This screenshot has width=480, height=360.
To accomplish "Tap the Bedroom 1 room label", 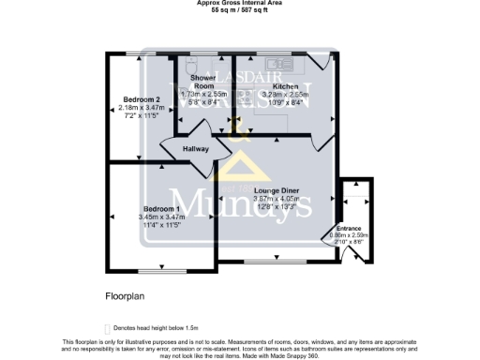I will pos(161,208).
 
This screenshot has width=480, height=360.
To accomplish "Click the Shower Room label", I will pos(202,82).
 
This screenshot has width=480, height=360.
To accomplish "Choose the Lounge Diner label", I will pos(270,190).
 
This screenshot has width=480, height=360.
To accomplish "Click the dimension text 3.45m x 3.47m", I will pos(161,217).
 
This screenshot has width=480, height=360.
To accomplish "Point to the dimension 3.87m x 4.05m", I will pos(270,199).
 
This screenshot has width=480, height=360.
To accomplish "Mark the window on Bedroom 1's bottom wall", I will pos(161,272).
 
